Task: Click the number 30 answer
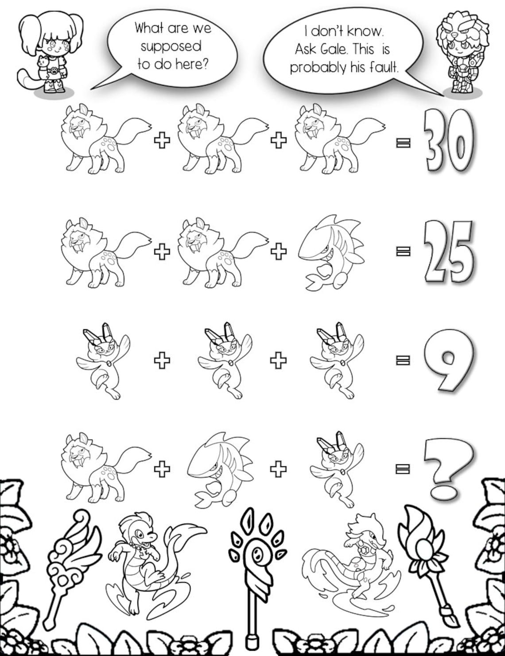(448, 141)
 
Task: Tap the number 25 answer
(449, 252)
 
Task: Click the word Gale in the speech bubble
(334, 49)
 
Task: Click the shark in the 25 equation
(331, 252)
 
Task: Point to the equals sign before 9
(403, 359)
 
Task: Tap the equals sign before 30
(403, 143)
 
